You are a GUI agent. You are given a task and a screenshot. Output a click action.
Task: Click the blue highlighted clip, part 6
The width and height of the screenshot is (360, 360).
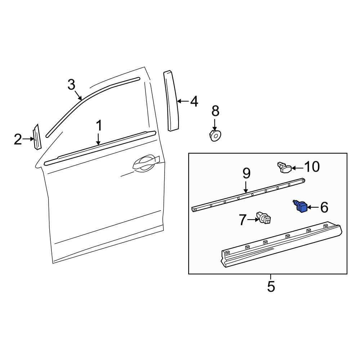(x=301, y=206)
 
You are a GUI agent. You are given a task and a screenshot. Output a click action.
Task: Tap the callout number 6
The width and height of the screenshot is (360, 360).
(x=324, y=207)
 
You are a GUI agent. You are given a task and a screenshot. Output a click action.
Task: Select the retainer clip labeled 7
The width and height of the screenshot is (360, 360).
(x=264, y=218)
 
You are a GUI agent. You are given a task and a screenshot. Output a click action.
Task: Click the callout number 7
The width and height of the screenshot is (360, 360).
(x=243, y=220)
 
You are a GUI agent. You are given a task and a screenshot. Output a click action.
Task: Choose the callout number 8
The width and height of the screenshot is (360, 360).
(x=215, y=111)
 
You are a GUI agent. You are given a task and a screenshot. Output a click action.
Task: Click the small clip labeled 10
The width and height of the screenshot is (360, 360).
(x=284, y=168)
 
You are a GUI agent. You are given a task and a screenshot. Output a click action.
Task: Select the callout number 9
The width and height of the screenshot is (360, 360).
(x=246, y=174)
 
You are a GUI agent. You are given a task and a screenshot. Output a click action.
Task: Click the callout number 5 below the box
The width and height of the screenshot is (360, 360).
(x=271, y=286)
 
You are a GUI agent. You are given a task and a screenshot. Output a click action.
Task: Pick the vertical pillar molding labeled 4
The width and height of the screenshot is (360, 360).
(x=171, y=101)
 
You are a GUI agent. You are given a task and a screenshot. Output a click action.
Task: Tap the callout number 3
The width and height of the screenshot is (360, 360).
(x=71, y=85)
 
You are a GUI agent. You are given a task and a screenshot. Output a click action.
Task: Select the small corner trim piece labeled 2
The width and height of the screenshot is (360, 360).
(x=37, y=137)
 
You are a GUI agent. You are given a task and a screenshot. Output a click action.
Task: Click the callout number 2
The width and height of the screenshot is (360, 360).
(x=18, y=139)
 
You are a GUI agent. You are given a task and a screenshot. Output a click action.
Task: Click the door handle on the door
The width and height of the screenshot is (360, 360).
(x=146, y=163)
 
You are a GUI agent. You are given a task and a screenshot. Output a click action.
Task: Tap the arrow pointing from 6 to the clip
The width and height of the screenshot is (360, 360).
(x=313, y=207)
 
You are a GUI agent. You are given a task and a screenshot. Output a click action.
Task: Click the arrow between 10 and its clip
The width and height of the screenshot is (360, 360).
(x=297, y=168)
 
